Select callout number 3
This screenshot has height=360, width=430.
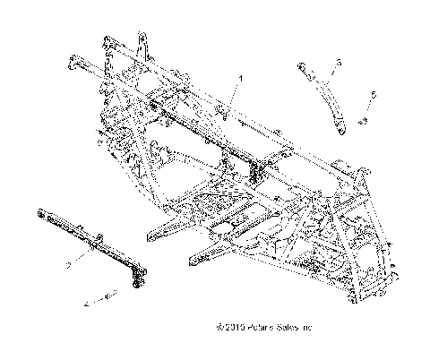[x=340, y=63]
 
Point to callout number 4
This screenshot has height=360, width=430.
[x=86, y=305]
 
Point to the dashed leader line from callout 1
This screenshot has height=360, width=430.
[x=232, y=99]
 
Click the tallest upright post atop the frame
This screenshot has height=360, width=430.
[x=142, y=49]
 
